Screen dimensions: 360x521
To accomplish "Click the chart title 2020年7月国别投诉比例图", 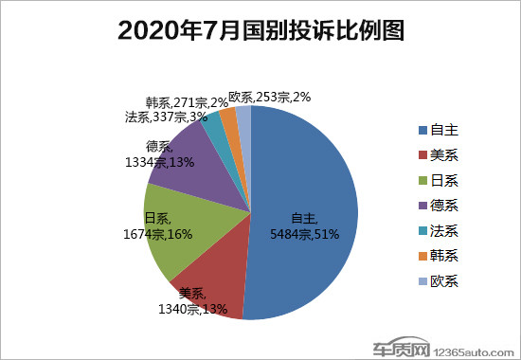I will (x=260, y=31).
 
